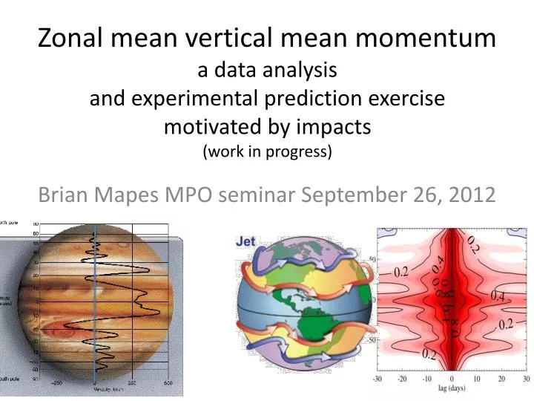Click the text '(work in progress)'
pyautogui.click(x=267, y=152)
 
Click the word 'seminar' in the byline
pyautogui.click(x=253, y=195)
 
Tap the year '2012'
pyautogui.click(x=470, y=195)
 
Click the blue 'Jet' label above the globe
pyautogui.click(x=245, y=241)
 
